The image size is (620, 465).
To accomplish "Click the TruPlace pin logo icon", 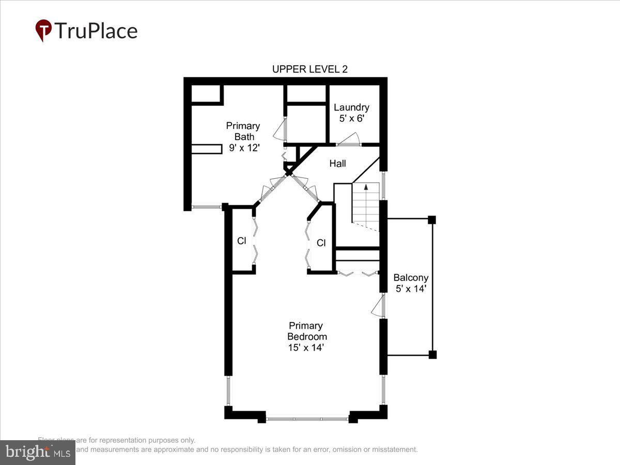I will click(43, 30).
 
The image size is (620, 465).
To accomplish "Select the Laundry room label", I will click(351, 107).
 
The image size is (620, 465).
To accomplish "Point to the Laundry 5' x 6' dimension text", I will click(351, 118).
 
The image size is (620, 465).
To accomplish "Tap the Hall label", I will click(337, 163).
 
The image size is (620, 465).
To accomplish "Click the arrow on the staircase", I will click(366, 188).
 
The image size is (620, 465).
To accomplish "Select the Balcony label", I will click(410, 277).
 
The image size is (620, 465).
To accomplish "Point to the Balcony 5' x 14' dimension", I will click(410, 289).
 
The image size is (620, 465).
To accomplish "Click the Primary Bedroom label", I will click(305, 331).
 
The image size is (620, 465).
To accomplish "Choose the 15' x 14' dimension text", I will click(305, 348).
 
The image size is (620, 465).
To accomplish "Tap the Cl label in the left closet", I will click(241, 241).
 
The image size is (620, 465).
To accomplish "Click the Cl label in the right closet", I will click(321, 243).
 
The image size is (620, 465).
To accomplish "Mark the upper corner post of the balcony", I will click(432, 220).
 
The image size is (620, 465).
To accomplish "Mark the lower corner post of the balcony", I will click(432, 354).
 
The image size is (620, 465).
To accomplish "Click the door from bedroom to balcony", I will click(379, 305).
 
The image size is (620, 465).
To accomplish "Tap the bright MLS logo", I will click(37, 453).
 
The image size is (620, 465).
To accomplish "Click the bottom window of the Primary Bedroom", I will click(307, 419).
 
